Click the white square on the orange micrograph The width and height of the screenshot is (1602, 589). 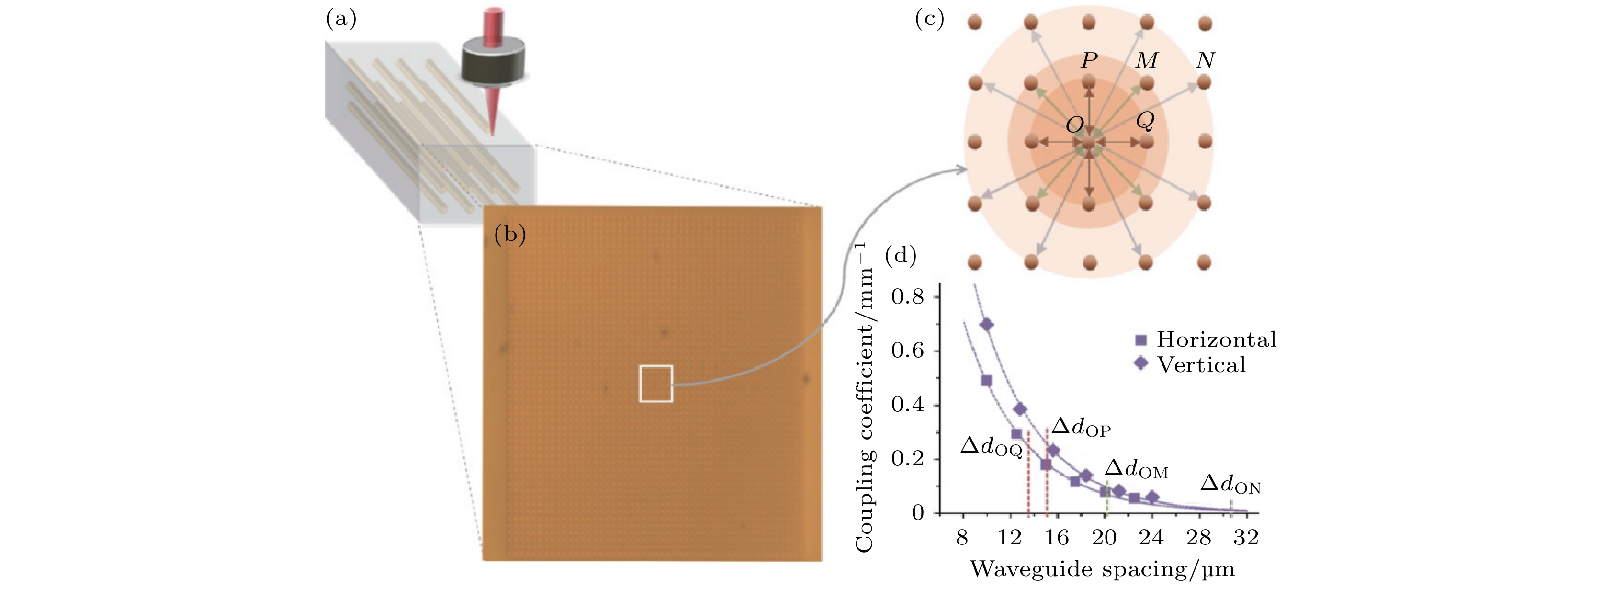coord(656,384)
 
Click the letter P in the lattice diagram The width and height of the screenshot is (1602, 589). coord(1089,60)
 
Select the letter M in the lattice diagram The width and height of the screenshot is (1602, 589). coord(1147,60)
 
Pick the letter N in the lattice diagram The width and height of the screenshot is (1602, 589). coord(1205,60)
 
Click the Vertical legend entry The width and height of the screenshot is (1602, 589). coord(1191,364)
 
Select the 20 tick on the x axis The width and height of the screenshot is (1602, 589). coord(1104,537)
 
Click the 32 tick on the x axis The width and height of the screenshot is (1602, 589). coord(1246,537)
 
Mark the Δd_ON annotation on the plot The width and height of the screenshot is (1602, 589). coord(1230,485)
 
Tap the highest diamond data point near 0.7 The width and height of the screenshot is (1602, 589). coord(987,325)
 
